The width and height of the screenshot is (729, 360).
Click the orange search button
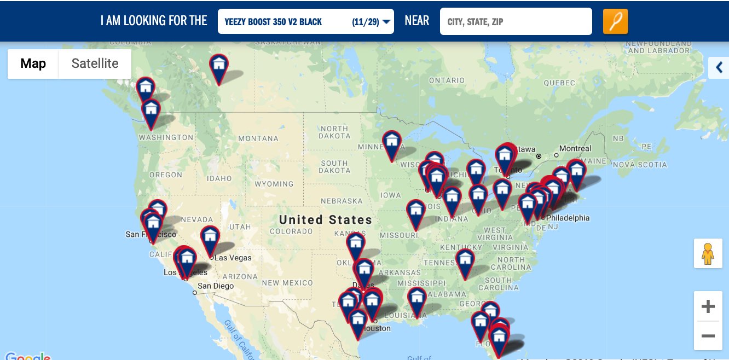coord(615,22)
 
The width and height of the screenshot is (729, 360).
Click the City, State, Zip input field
coord(516,22)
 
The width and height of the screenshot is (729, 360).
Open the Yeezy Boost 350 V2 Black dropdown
coord(305,22)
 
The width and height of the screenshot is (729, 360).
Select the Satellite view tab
coord(95,63)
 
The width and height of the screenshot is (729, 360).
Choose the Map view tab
coord(33,63)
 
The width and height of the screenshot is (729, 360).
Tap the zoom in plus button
coord(708,306)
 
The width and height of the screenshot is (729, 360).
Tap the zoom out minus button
coord(708,335)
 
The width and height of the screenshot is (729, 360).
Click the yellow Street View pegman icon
coord(708,253)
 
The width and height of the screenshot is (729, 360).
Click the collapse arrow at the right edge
coord(719,68)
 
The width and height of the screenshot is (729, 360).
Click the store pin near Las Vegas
coord(210,239)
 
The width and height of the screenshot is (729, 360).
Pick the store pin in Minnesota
coord(391,143)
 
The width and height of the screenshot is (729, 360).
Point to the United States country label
coord(325,220)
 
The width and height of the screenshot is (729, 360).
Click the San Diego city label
coord(216,286)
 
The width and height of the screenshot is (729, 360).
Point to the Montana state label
coord(258,139)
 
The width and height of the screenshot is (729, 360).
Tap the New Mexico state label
coord(287,283)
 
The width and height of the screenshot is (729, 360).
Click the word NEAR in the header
coord(416,21)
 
